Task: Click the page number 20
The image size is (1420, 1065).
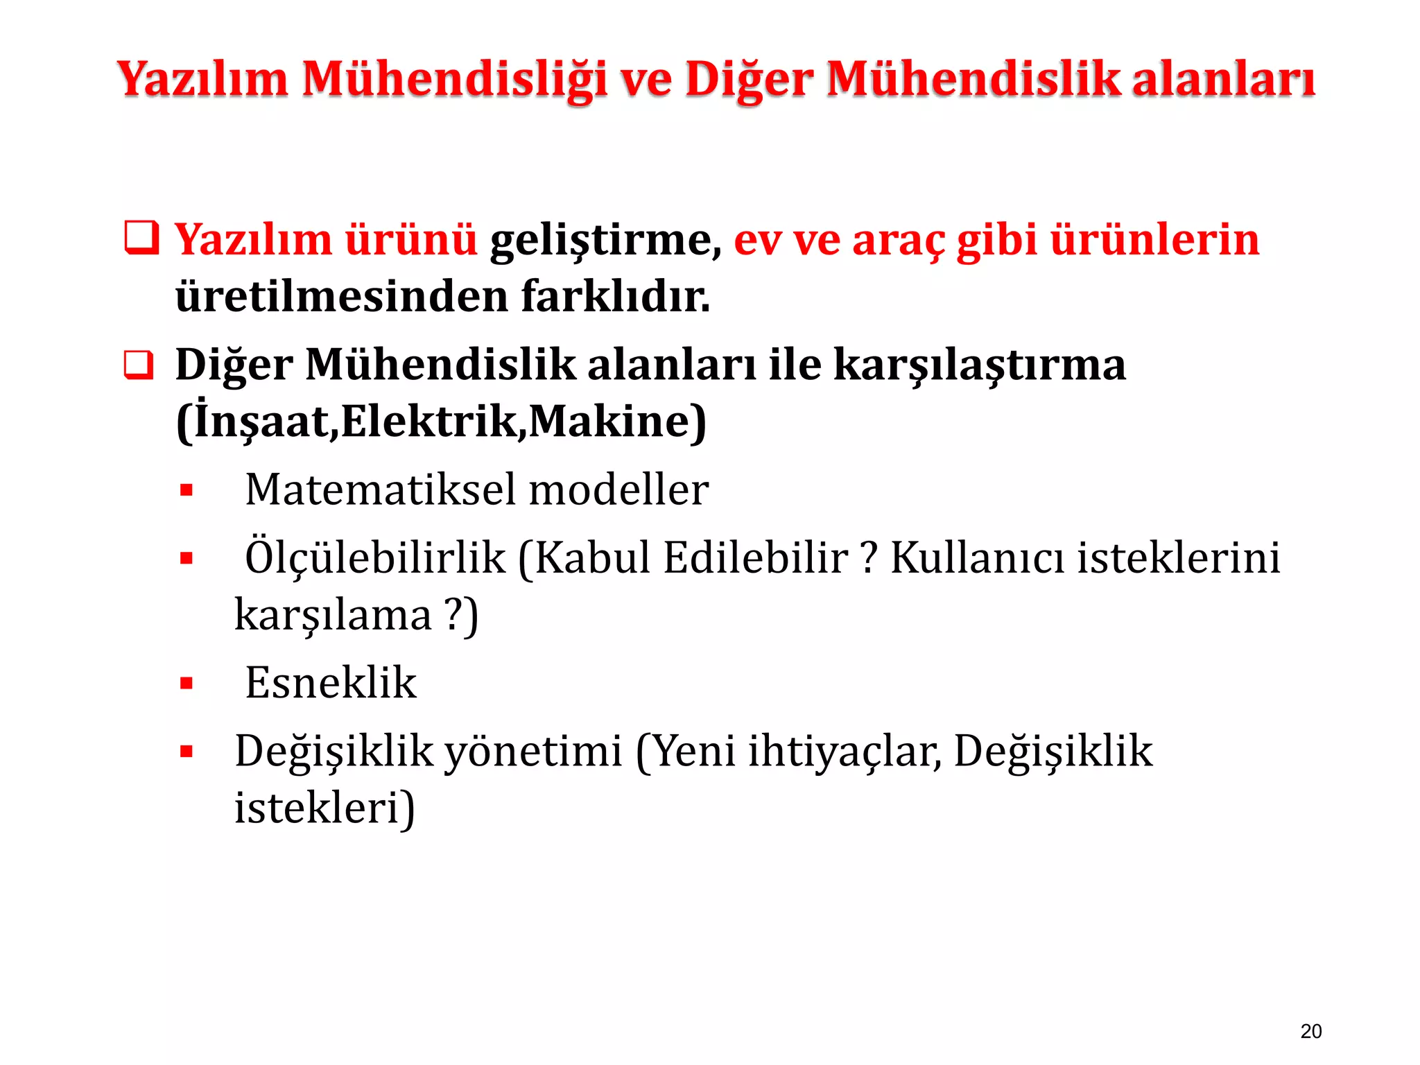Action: tap(1310, 1031)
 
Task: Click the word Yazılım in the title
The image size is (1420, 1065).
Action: tap(202, 78)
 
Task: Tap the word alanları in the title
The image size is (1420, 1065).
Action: tap(1223, 78)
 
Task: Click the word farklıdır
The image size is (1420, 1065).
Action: tap(615, 297)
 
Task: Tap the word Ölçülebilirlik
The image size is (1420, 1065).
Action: tap(375, 558)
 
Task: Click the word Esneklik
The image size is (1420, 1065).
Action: tap(331, 683)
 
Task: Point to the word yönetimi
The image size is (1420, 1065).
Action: tap(532, 752)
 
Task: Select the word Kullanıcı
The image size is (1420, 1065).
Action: tap(977, 558)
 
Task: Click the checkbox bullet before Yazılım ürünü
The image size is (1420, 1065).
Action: tap(141, 238)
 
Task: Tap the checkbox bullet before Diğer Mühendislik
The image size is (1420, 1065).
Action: tap(139, 365)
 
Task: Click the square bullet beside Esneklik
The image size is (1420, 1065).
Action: tap(186, 684)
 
